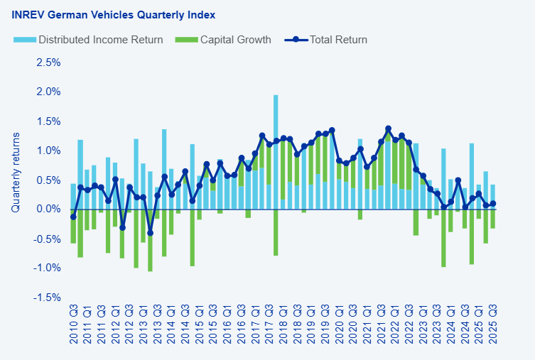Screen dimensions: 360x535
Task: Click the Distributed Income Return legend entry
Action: pos(100,40)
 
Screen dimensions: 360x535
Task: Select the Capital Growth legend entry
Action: pos(235,40)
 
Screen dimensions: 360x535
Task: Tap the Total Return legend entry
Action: pos(337,40)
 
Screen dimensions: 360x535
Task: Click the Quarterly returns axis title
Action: pos(16,172)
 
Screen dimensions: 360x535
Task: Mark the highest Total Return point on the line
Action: pos(388,129)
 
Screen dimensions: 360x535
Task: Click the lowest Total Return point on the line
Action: pos(150,232)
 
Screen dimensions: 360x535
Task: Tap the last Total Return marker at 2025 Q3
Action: pos(492,204)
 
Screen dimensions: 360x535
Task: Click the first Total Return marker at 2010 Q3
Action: pos(73,217)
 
